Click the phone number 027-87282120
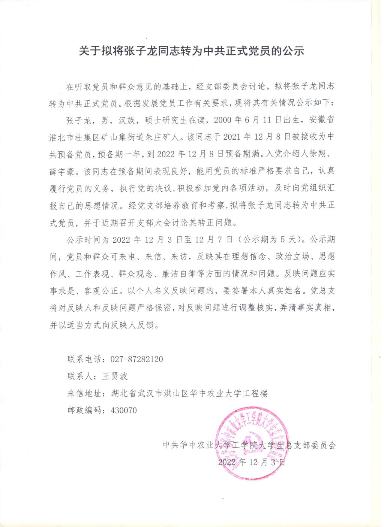(137, 359)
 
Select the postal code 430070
(124, 410)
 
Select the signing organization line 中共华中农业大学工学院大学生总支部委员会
(250, 445)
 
